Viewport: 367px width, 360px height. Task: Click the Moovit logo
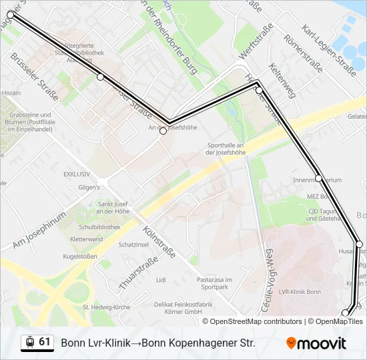coord(316,343)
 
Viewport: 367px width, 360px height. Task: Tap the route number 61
coord(45,342)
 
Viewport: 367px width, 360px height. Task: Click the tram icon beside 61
coord(29,343)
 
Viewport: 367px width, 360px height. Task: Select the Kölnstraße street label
coord(159,243)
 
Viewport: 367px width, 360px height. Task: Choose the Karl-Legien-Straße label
coord(329,49)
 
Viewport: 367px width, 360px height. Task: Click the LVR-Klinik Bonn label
coord(300,292)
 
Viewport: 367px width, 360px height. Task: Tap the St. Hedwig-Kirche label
coord(106,307)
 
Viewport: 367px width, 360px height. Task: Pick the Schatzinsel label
coord(132,245)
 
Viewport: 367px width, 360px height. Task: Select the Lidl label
coord(160,280)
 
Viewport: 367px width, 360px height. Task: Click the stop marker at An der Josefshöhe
coord(163,131)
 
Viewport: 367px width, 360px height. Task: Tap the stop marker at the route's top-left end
coord(11,14)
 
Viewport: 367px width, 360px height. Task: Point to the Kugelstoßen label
coord(80,256)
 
